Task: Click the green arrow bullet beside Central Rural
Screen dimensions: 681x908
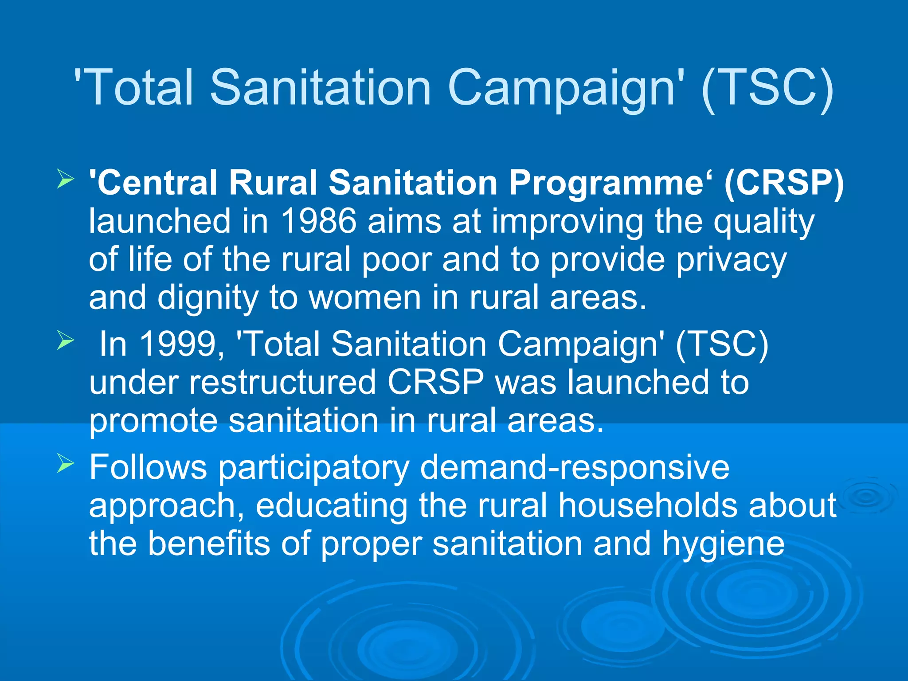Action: tap(65, 180)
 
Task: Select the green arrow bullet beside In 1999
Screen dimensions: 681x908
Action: tap(65, 341)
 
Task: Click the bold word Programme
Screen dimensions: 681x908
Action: tap(606, 183)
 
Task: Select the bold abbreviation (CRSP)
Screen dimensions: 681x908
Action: tap(784, 183)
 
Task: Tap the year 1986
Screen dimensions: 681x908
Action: tap(318, 221)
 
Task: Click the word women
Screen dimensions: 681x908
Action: tap(364, 298)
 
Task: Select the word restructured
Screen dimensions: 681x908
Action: tap(282, 382)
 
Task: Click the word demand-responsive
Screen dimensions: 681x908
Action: tap(574, 467)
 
